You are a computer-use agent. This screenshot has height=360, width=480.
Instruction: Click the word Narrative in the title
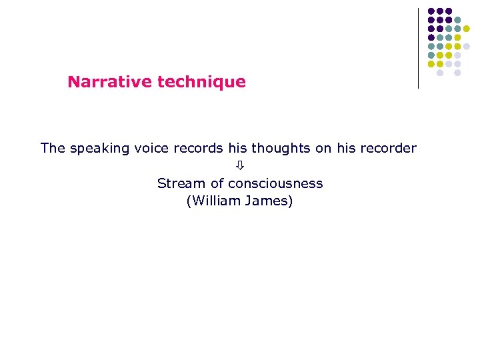click(110, 82)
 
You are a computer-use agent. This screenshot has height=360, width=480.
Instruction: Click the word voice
click(151, 148)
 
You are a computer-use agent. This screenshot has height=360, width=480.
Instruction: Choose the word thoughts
click(281, 148)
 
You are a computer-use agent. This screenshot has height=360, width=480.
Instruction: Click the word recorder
click(387, 148)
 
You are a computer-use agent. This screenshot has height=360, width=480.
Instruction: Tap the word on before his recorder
click(323, 148)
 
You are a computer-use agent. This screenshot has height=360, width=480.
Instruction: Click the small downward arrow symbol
click(240, 165)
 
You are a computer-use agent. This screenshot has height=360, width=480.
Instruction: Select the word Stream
click(178, 183)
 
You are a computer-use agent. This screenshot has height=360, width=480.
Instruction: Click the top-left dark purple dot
click(431, 11)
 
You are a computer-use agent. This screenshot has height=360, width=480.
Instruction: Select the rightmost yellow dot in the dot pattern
click(467, 29)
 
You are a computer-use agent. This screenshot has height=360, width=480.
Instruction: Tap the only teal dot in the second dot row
click(457, 20)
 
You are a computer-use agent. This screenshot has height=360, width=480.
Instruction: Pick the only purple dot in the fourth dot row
click(431, 37)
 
